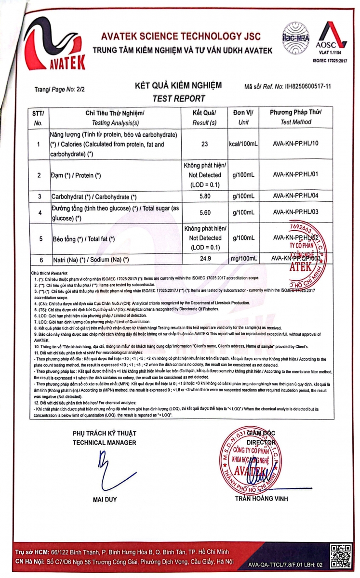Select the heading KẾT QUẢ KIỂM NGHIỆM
[178, 86]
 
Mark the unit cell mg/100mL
[243, 259]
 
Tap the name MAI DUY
[105, 500]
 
